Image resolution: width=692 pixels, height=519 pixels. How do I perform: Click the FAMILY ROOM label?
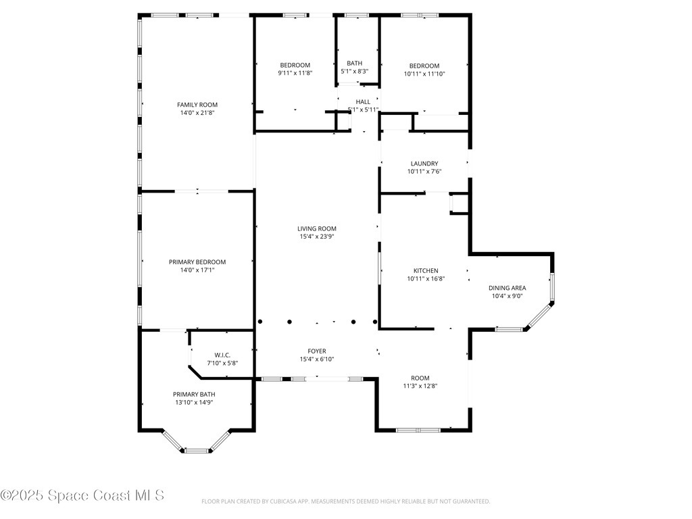point(197,105)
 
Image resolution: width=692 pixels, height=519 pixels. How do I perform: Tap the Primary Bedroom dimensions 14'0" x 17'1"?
point(197,270)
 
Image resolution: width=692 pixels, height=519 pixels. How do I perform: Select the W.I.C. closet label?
point(222,355)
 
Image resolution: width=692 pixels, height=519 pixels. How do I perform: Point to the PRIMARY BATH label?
point(194,395)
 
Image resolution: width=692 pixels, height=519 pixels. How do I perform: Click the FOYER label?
point(317,351)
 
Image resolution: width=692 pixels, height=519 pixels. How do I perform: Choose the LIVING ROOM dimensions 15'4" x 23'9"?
point(317,237)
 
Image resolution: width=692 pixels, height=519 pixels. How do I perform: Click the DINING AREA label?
point(507,288)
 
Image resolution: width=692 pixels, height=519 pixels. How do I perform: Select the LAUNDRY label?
point(424,164)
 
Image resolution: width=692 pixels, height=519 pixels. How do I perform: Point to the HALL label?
point(363,101)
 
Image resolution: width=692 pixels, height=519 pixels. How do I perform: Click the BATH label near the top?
point(355,63)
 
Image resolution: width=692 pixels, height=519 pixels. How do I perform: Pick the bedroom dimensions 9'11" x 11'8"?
point(294,73)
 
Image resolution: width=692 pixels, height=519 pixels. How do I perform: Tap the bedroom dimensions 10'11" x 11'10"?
point(424,74)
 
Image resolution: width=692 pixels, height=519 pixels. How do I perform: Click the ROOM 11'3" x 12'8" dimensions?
point(420,387)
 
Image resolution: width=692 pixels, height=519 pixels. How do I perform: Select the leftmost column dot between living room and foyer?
point(259,322)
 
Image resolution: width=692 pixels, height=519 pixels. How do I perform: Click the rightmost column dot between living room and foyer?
point(376,322)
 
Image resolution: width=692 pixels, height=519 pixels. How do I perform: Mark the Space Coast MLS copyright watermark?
point(82,495)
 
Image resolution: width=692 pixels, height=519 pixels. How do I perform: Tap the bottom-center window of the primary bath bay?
point(195,449)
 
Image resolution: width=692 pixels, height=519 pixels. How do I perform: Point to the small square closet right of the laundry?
point(460,203)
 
